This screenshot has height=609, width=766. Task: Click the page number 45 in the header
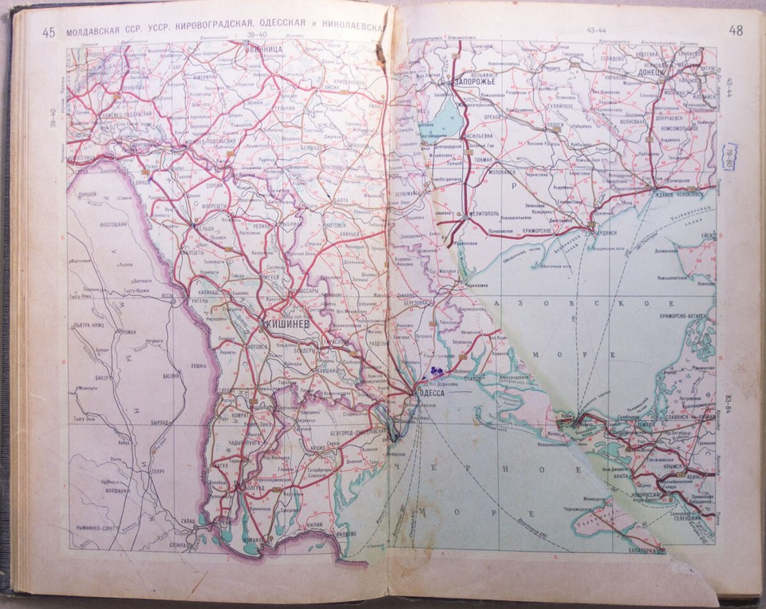tap(49, 32)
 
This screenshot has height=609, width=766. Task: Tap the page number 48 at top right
tap(735, 30)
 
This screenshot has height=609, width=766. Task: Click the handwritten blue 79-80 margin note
tap(729, 156)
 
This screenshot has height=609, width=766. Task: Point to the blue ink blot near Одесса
tap(436, 370)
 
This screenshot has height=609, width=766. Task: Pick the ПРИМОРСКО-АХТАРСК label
tap(680, 314)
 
